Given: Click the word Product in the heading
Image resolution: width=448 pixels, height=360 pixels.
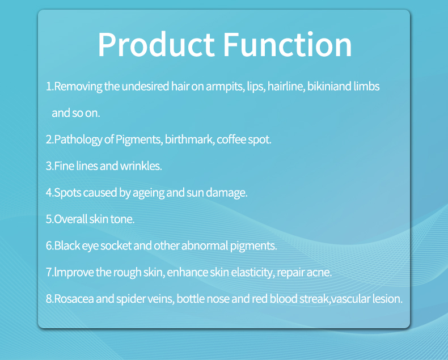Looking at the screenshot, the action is click(156, 45).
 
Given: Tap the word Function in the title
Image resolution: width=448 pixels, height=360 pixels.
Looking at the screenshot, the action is click(287, 44).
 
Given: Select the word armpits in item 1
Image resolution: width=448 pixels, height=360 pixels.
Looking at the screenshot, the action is click(225, 87).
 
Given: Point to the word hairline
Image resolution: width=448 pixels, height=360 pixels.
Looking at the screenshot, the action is click(286, 86).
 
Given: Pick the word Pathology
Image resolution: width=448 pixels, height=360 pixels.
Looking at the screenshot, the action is click(78, 139).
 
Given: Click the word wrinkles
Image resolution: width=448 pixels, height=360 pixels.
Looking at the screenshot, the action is click(141, 166).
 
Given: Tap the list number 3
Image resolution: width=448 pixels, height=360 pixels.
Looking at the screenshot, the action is click(49, 166).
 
